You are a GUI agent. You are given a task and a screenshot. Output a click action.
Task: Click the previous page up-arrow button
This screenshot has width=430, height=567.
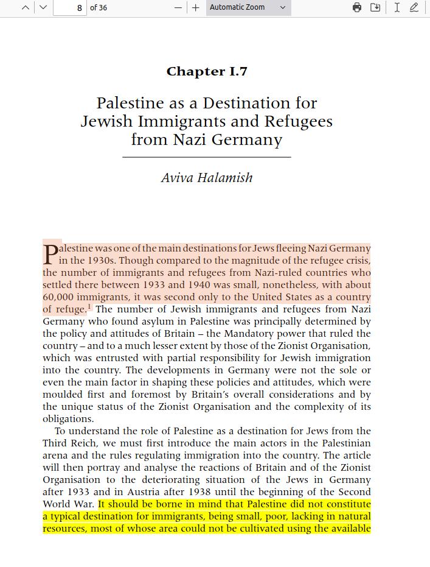[26, 7]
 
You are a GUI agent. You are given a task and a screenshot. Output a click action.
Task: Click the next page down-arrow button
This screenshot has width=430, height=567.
[43, 7]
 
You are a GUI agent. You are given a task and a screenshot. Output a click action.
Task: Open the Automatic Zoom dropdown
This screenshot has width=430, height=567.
[248, 7]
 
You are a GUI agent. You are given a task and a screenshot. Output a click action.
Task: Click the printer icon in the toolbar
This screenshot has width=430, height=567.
[357, 7]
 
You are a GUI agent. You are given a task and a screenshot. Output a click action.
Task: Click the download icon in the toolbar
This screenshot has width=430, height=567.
[375, 7]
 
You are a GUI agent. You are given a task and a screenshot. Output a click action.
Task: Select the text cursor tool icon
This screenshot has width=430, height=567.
[397, 7]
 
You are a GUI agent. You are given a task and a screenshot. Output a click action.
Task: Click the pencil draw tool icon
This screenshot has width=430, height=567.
[414, 7]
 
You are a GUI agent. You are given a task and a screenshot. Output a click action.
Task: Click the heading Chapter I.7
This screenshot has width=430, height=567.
[207, 71]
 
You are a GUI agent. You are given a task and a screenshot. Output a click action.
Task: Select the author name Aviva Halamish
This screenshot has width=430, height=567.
[207, 178]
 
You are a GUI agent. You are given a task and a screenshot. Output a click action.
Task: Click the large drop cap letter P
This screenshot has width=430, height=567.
[50, 255]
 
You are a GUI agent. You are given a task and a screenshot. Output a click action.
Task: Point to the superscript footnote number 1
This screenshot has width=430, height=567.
[89, 306]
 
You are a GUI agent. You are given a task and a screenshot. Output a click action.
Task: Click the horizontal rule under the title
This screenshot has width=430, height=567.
[207, 157]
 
